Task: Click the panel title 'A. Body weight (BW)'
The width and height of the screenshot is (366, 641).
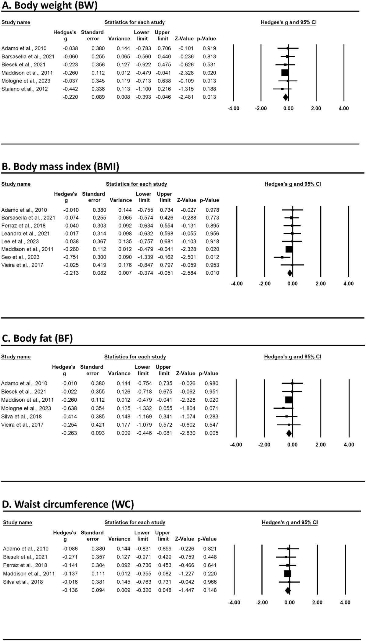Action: point(49,6)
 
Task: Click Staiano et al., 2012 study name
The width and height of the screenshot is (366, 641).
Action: point(24,89)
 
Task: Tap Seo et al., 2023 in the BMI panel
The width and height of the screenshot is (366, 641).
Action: point(20,257)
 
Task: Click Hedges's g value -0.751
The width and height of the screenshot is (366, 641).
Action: point(71,257)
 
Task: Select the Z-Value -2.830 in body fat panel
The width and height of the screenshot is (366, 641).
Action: point(185,433)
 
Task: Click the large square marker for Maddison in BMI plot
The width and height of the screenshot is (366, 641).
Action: point(289,249)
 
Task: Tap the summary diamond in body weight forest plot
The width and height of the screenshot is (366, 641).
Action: point(285,97)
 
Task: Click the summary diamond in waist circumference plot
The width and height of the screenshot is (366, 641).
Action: point(288,590)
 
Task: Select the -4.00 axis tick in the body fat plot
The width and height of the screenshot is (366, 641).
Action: point(236,445)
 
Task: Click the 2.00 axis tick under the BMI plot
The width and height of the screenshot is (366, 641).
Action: point(320,284)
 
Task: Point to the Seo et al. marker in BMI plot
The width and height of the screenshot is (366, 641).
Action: point(282,257)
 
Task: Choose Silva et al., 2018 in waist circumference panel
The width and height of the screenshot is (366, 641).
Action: point(23,582)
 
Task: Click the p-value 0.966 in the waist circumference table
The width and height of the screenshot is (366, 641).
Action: point(210,582)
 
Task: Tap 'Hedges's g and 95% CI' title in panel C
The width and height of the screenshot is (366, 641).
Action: point(292,357)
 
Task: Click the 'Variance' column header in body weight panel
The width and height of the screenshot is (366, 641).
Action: point(119,39)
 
